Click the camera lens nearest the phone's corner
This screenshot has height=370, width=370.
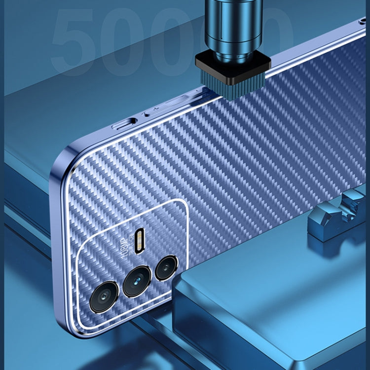coord(104,296)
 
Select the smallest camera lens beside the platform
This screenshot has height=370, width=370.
coord(166,268)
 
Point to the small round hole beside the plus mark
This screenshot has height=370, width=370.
coord(147,114)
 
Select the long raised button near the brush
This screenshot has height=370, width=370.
coord(180,101)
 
